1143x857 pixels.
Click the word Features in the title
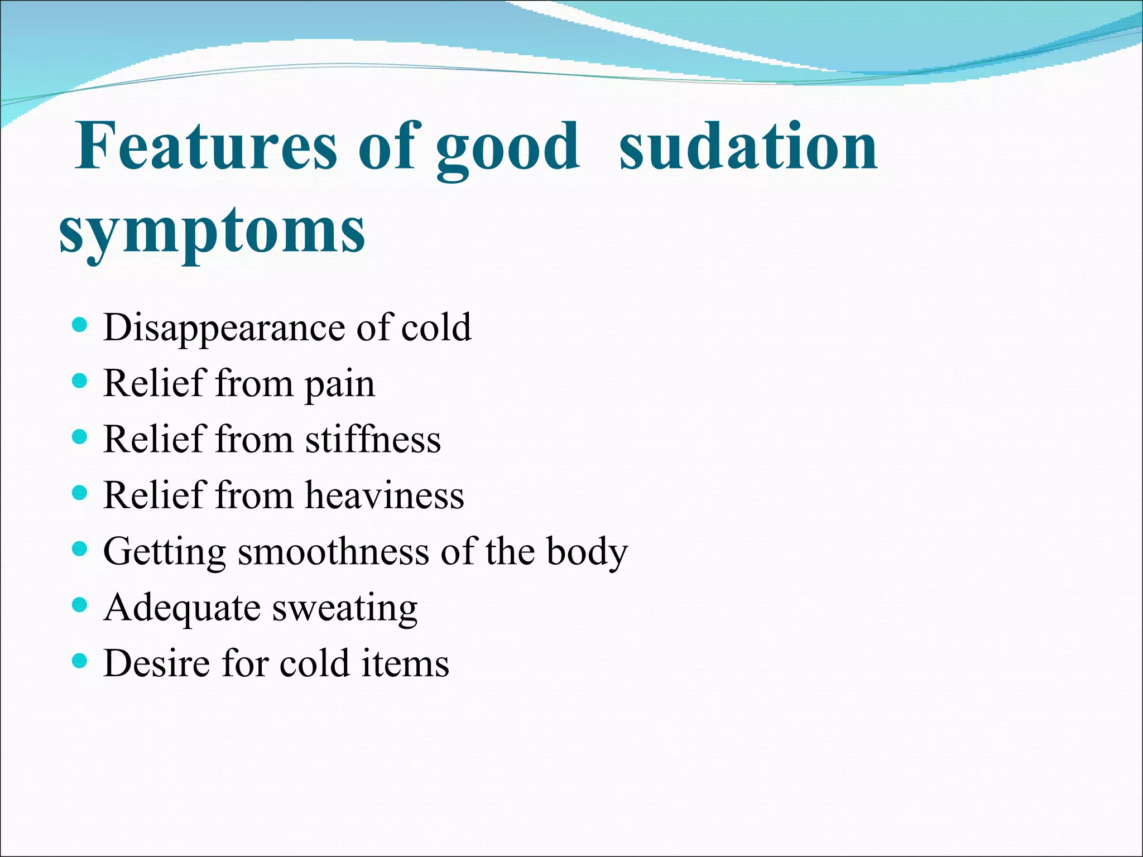206,146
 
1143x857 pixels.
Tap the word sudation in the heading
748,146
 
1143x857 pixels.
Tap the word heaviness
385,495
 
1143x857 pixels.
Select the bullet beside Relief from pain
80,381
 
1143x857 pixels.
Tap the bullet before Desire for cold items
80,661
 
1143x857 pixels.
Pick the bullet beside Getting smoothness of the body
80,549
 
